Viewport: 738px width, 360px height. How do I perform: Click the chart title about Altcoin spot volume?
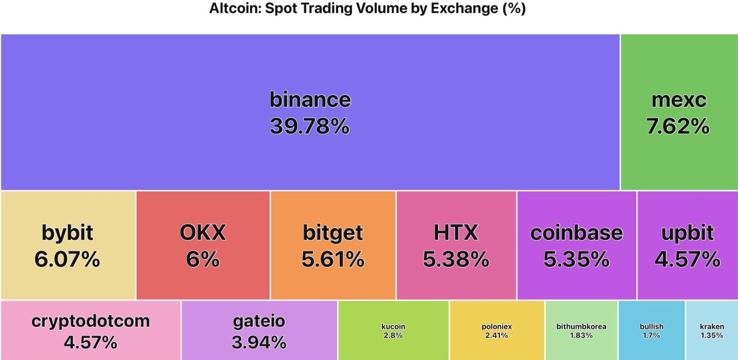[x=367, y=9]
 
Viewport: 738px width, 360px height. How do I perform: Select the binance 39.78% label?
[x=310, y=113]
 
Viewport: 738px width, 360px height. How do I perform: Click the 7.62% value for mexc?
[x=678, y=126]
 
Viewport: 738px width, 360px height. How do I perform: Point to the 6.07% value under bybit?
[x=67, y=259]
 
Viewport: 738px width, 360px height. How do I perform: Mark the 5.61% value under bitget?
[x=333, y=259]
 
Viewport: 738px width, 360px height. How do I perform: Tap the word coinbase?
[x=577, y=233]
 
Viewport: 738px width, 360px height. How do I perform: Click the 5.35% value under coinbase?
[x=577, y=259]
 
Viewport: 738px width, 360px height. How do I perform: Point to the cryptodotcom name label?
[x=91, y=321]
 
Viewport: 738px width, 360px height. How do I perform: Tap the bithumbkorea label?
[x=581, y=326]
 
